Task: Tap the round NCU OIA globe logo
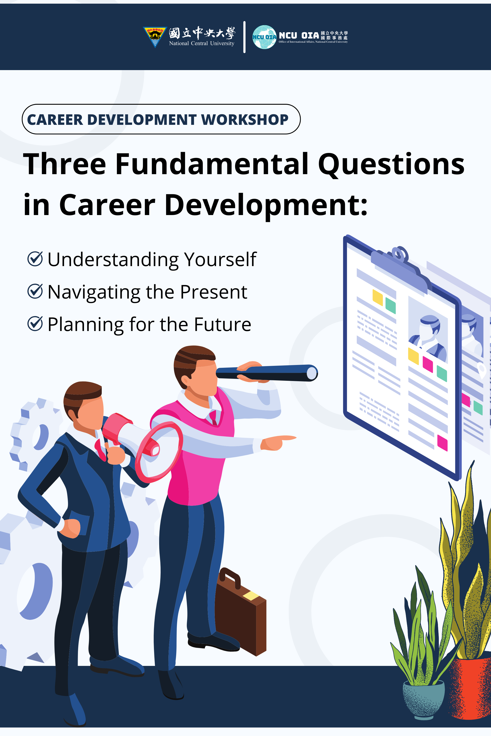tap(264, 37)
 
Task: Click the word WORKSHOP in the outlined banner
tap(245, 120)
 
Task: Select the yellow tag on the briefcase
tap(250, 595)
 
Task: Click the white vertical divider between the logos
tap(244, 37)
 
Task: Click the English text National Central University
tap(202, 43)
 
